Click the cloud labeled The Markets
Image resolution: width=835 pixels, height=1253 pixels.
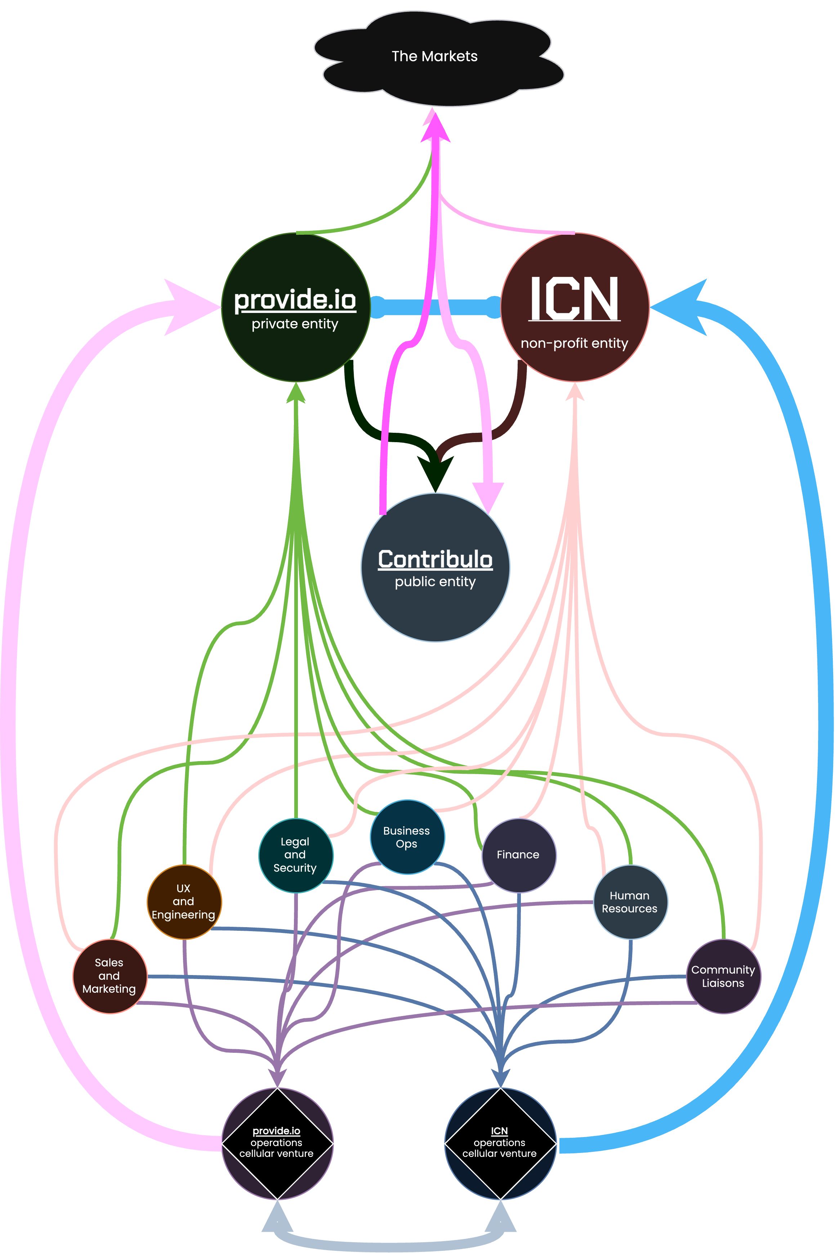(434, 57)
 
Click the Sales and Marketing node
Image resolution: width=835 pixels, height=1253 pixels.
(109, 976)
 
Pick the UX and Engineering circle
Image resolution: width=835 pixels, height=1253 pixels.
(184, 901)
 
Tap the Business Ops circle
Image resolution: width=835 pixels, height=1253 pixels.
(407, 837)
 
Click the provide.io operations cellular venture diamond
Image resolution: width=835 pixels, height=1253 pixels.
(277, 1143)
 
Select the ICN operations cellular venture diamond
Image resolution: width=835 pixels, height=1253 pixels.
(500, 1143)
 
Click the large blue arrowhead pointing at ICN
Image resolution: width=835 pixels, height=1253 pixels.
(682, 307)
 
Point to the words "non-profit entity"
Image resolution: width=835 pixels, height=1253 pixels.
(574, 343)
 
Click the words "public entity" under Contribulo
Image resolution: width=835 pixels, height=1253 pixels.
(435, 582)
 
